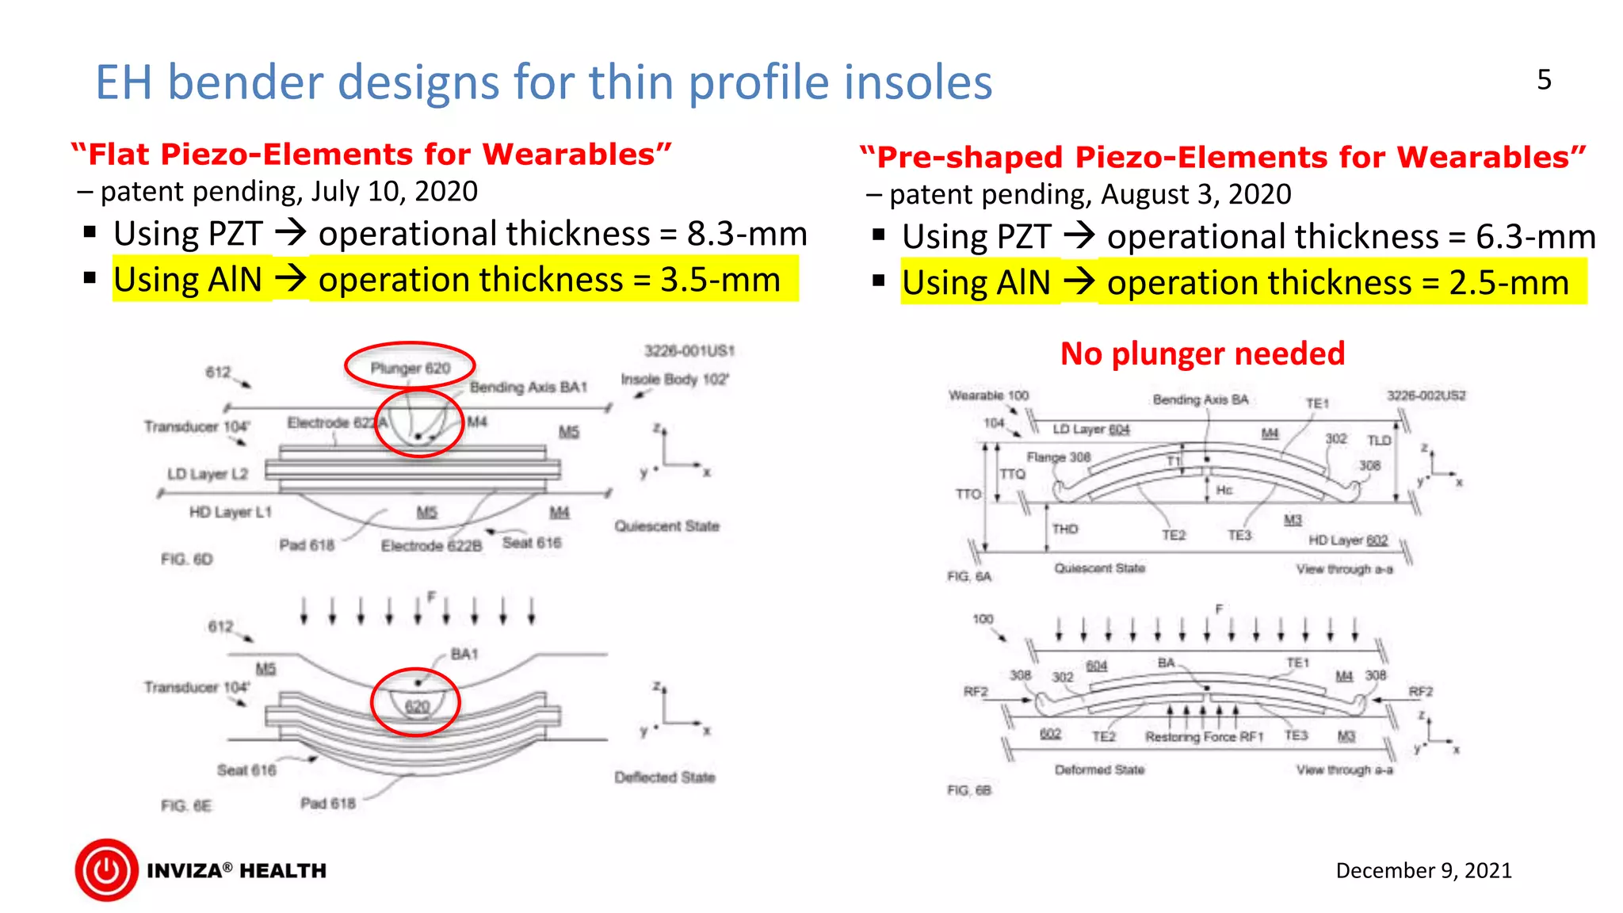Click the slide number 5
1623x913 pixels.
1544,80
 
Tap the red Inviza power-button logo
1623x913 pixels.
107,870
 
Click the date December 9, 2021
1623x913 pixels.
1423,870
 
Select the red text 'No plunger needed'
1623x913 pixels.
1202,353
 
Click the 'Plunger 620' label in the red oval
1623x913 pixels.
410,368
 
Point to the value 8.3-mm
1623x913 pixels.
747,234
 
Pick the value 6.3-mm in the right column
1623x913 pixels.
1535,237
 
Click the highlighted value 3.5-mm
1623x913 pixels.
720,280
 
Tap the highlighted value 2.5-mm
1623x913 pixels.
1508,283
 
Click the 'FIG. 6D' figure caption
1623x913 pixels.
186,559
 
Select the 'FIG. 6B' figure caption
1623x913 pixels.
968,790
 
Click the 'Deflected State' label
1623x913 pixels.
664,777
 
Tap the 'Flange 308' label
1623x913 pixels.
1058,457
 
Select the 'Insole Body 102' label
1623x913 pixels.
674,379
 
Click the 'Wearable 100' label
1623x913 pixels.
988,395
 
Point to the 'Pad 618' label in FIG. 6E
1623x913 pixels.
327,803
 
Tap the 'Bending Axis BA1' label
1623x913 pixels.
528,387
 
